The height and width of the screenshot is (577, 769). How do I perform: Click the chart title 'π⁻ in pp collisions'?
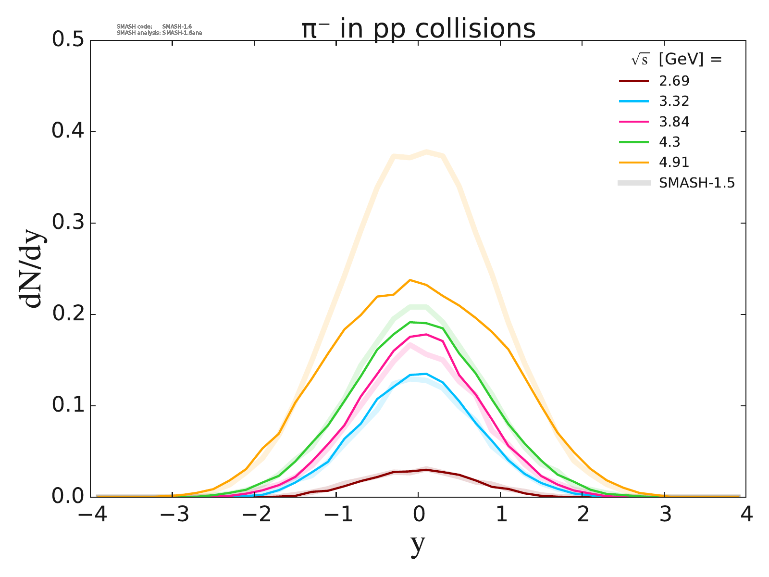coord(418,29)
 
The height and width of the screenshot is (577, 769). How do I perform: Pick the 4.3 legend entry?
coord(670,142)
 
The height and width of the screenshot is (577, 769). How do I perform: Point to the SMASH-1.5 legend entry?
coord(697,183)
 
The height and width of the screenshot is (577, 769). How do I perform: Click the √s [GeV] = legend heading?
coord(677,60)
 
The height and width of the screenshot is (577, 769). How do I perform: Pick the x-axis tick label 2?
coord(583,515)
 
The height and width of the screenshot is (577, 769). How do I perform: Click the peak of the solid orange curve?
coord(410,280)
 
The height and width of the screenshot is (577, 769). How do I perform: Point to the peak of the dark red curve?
coord(426,469)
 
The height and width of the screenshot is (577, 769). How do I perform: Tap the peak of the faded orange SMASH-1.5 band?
coord(426,151)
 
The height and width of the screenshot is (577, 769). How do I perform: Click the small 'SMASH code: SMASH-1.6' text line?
coord(154,26)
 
